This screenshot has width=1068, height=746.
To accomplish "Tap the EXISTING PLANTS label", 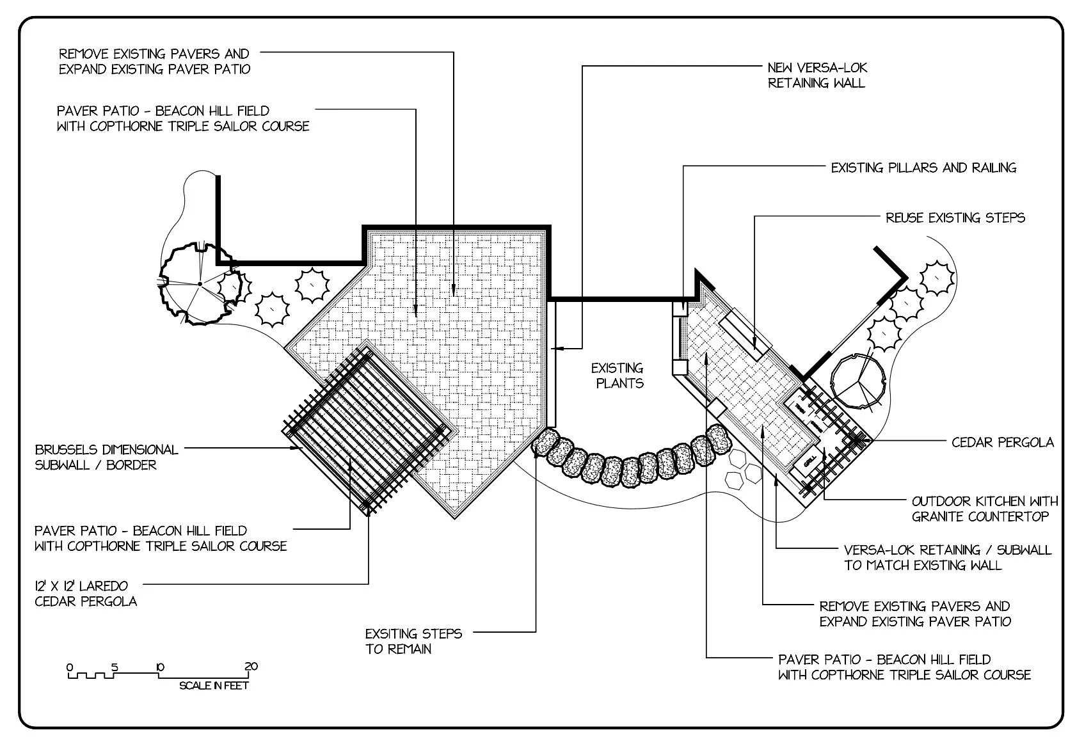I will click(618, 376).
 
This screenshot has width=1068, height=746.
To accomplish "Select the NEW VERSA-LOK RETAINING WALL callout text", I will click(817, 75).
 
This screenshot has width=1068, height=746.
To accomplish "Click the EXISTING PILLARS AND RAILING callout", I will click(923, 168).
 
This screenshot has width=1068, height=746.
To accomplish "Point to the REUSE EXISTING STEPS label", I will click(955, 218).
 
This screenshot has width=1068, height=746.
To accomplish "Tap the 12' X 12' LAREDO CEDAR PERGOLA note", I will click(86, 593).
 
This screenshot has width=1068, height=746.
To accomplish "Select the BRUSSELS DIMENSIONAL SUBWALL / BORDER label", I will click(106, 457).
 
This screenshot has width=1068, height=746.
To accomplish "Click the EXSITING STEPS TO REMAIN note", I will click(413, 641).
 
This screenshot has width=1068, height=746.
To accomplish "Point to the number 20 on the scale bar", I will click(251, 667).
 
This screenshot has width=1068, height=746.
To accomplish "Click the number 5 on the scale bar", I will click(115, 667).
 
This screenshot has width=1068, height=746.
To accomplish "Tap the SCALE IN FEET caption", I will click(214, 686).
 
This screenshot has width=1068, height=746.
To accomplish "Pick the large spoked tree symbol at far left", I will click(200, 283).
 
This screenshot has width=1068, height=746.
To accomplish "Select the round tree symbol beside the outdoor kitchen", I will click(857, 381).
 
